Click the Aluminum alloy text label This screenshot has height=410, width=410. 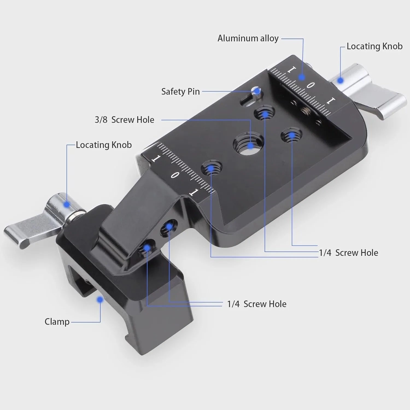pyautogui.click(x=248, y=39)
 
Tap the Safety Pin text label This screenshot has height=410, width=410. pyautogui.click(x=180, y=92)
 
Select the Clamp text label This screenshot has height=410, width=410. pyautogui.click(x=57, y=322)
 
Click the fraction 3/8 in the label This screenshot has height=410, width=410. pyautogui.click(x=101, y=120)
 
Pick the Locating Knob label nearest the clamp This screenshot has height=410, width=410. pyautogui.click(x=104, y=145)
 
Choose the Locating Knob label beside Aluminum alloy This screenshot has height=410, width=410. pyautogui.click(x=374, y=46)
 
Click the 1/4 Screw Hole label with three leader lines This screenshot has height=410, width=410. pyautogui.click(x=348, y=253)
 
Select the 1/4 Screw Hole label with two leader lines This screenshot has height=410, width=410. pyautogui.click(x=257, y=304)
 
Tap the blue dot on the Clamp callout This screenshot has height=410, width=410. pyautogui.click(x=100, y=300)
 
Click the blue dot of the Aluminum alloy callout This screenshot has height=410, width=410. pyautogui.click(x=301, y=77)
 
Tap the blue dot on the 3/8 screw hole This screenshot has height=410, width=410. pyautogui.click(x=251, y=145)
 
